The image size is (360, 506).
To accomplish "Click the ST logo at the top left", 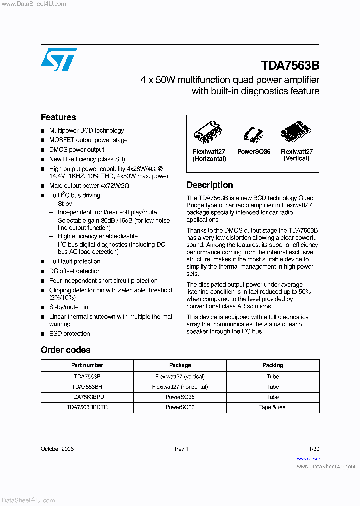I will click(x=59, y=60).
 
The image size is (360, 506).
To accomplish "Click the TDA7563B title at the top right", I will click(x=290, y=66).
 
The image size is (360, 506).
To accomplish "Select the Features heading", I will click(x=58, y=117).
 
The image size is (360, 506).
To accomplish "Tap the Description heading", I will click(x=210, y=185).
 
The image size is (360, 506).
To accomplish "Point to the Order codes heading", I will click(x=66, y=350).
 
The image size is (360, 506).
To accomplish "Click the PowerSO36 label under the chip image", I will click(x=253, y=152).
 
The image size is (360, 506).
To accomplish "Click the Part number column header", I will click(x=87, y=365).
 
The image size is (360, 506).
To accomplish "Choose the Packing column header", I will click(x=273, y=365).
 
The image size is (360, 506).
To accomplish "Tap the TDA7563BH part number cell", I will click(x=87, y=387).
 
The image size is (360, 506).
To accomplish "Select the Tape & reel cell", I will click(x=273, y=407).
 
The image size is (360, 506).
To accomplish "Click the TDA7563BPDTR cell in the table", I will click(x=87, y=407).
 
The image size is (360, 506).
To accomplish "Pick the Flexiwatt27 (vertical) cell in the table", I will click(x=180, y=376).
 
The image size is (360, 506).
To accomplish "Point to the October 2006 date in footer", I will click(x=57, y=449).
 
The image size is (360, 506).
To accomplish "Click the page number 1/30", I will click(x=314, y=449).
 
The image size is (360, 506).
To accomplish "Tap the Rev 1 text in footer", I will click(x=181, y=449).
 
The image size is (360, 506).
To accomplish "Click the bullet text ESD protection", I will click(x=69, y=334).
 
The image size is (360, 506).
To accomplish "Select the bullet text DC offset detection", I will click(x=75, y=271).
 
